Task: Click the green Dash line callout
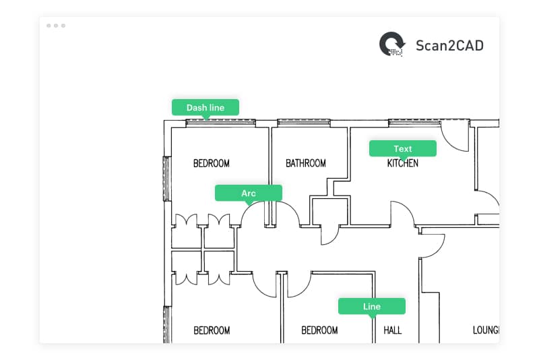pyautogui.click(x=205, y=107)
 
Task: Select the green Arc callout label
pyautogui.click(x=248, y=193)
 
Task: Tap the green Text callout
pyautogui.click(x=402, y=148)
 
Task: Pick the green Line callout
pyautogui.click(x=371, y=306)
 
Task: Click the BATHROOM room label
pyautogui.click(x=305, y=163)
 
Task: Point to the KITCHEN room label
pyautogui.click(x=402, y=163)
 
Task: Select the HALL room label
pyautogui.click(x=392, y=330)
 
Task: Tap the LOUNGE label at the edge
pyautogui.click(x=484, y=330)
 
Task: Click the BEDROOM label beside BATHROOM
pyautogui.click(x=212, y=163)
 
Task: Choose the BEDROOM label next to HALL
pyautogui.click(x=319, y=330)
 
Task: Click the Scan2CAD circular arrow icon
pyautogui.click(x=392, y=45)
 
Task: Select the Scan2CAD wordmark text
pyautogui.click(x=449, y=45)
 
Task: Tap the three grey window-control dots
pyautogui.click(x=56, y=26)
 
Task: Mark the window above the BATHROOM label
pyautogui.click(x=303, y=123)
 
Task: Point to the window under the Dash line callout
pyautogui.click(x=220, y=123)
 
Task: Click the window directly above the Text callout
pyautogui.click(x=412, y=123)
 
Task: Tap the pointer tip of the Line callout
pyautogui.click(x=371, y=318)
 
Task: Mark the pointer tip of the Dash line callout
pyautogui.click(x=205, y=119)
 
